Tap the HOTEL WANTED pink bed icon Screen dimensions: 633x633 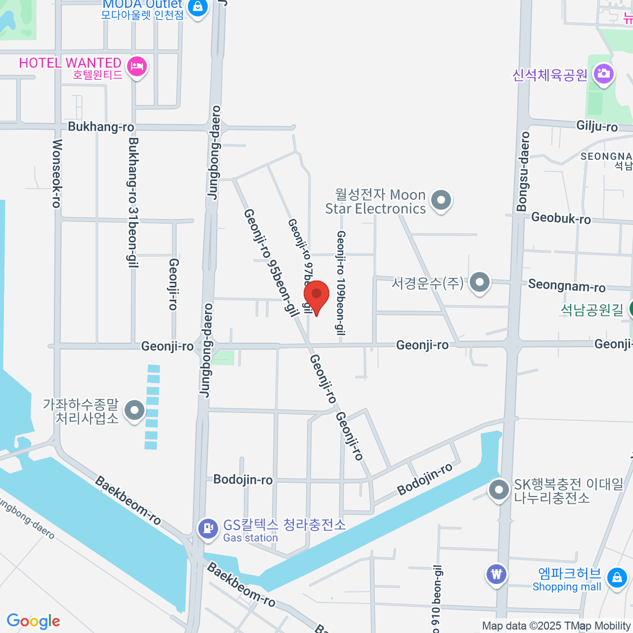pyautogui.click(x=137, y=67)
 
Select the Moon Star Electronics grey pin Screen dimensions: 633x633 pyautogui.click(x=441, y=200)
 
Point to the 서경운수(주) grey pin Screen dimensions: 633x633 pyautogui.click(x=479, y=282)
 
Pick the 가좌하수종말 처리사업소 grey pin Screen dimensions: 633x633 pyautogui.click(x=135, y=410)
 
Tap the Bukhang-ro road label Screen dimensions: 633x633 pyautogui.click(x=101, y=127)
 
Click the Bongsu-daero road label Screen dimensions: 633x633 pyautogui.click(x=523, y=171)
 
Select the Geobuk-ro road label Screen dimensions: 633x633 pyautogui.click(x=561, y=218)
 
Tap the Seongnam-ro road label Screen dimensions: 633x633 pyautogui.click(x=567, y=286)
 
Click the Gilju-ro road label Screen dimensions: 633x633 pyautogui.click(x=597, y=126)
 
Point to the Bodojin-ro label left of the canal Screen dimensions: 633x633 pyautogui.click(x=243, y=479)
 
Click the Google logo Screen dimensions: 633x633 pyautogui.click(x=33, y=621)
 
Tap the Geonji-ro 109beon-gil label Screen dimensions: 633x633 pyautogui.click(x=341, y=283)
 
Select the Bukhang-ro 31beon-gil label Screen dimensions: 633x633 pyautogui.click(x=133, y=203)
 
